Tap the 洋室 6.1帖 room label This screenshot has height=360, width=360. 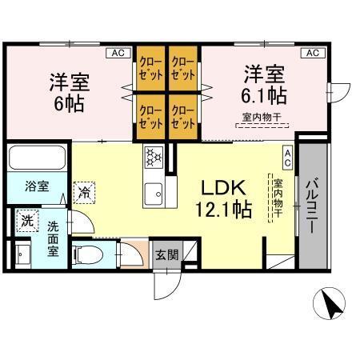(265, 85)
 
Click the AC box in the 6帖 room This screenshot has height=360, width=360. (118, 53)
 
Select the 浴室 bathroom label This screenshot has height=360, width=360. (36, 186)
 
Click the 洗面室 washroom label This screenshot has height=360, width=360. (53, 238)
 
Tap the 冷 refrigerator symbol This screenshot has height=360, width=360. (84, 192)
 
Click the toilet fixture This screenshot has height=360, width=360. (90, 255)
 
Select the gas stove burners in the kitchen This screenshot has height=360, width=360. (153, 157)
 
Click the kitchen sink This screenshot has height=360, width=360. (153, 192)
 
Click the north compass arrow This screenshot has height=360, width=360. (330, 303)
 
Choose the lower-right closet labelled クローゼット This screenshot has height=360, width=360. (183, 117)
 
